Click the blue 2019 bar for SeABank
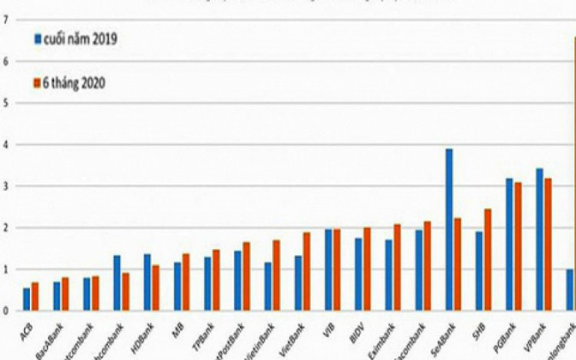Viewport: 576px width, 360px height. [x=449, y=230]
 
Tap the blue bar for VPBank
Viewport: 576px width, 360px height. [x=540, y=239]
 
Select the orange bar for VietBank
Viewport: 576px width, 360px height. [x=306, y=271]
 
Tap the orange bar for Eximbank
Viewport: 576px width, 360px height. [x=396, y=267]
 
